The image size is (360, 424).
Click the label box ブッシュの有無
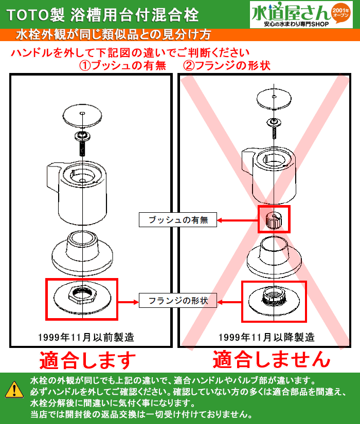[x=177, y=220]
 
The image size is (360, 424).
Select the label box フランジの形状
[x=177, y=300]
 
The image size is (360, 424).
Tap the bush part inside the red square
[x=274, y=219]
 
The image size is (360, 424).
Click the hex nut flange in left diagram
[x=82, y=296]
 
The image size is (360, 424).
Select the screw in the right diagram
[x=274, y=127]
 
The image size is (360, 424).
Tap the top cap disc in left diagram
[x=82, y=115]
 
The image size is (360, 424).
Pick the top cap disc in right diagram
[x=274, y=99]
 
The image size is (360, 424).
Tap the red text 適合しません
[x=271, y=359]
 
